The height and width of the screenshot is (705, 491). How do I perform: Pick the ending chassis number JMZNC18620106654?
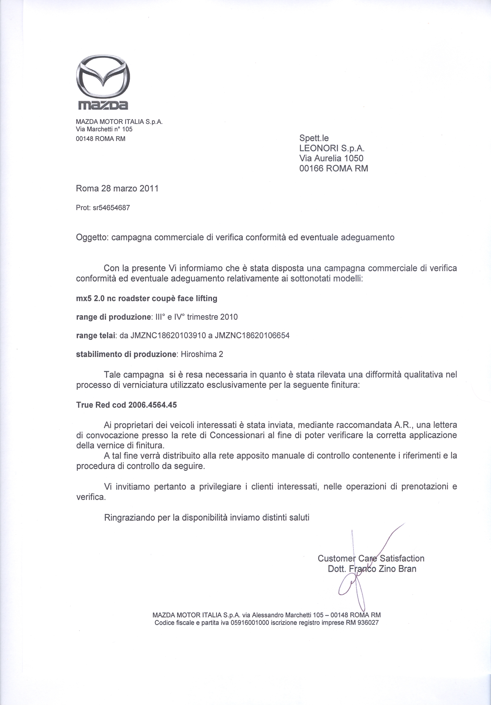click(x=252, y=336)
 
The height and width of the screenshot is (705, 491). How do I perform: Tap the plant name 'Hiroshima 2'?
click(x=202, y=354)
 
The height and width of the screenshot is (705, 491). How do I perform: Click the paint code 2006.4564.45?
click(x=153, y=405)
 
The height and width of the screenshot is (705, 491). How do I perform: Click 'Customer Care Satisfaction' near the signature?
click(x=371, y=558)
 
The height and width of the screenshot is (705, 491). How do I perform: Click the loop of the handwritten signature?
click(x=345, y=587)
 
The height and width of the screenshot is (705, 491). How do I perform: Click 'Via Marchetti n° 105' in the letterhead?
click(x=104, y=129)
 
